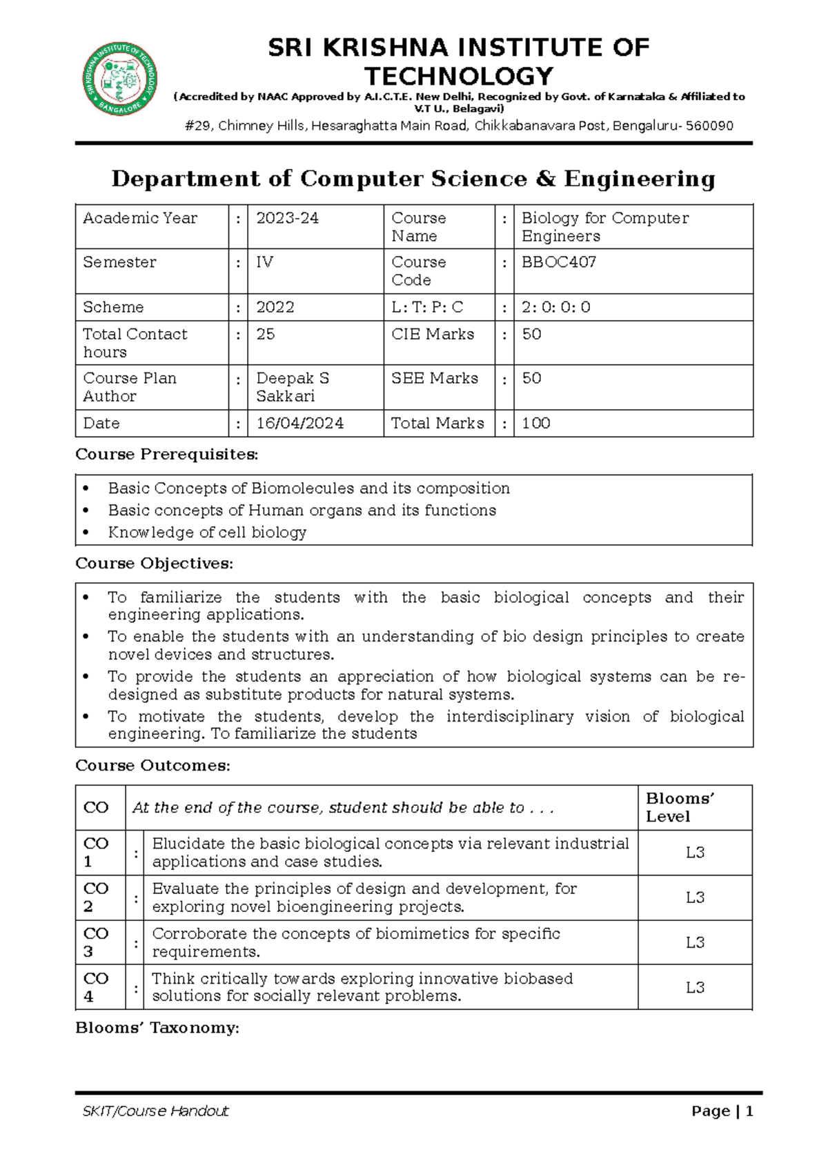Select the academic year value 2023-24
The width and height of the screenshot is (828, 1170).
pos(287,218)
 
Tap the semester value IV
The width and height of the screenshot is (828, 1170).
pos(264,262)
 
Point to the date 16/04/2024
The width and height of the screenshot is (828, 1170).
pos(299,423)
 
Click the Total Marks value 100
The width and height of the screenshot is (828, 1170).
pos(535,423)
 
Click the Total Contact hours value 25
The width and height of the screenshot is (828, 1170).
pos(266,334)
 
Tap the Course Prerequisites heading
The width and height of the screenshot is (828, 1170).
pos(166,454)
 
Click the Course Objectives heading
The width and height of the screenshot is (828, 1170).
pos(154,563)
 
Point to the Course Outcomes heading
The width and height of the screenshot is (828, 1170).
pos(152,765)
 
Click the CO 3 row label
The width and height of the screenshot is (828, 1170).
pos(96,942)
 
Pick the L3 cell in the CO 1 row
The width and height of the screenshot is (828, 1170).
pos(695,853)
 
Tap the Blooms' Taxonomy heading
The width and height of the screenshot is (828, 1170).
pos(157,1028)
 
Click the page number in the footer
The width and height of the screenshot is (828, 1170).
pos(749,1111)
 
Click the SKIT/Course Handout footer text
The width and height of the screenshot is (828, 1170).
pos(155,1111)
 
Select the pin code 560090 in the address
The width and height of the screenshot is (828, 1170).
pos(710,126)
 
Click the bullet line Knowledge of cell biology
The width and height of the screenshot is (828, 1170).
pos(207,532)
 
